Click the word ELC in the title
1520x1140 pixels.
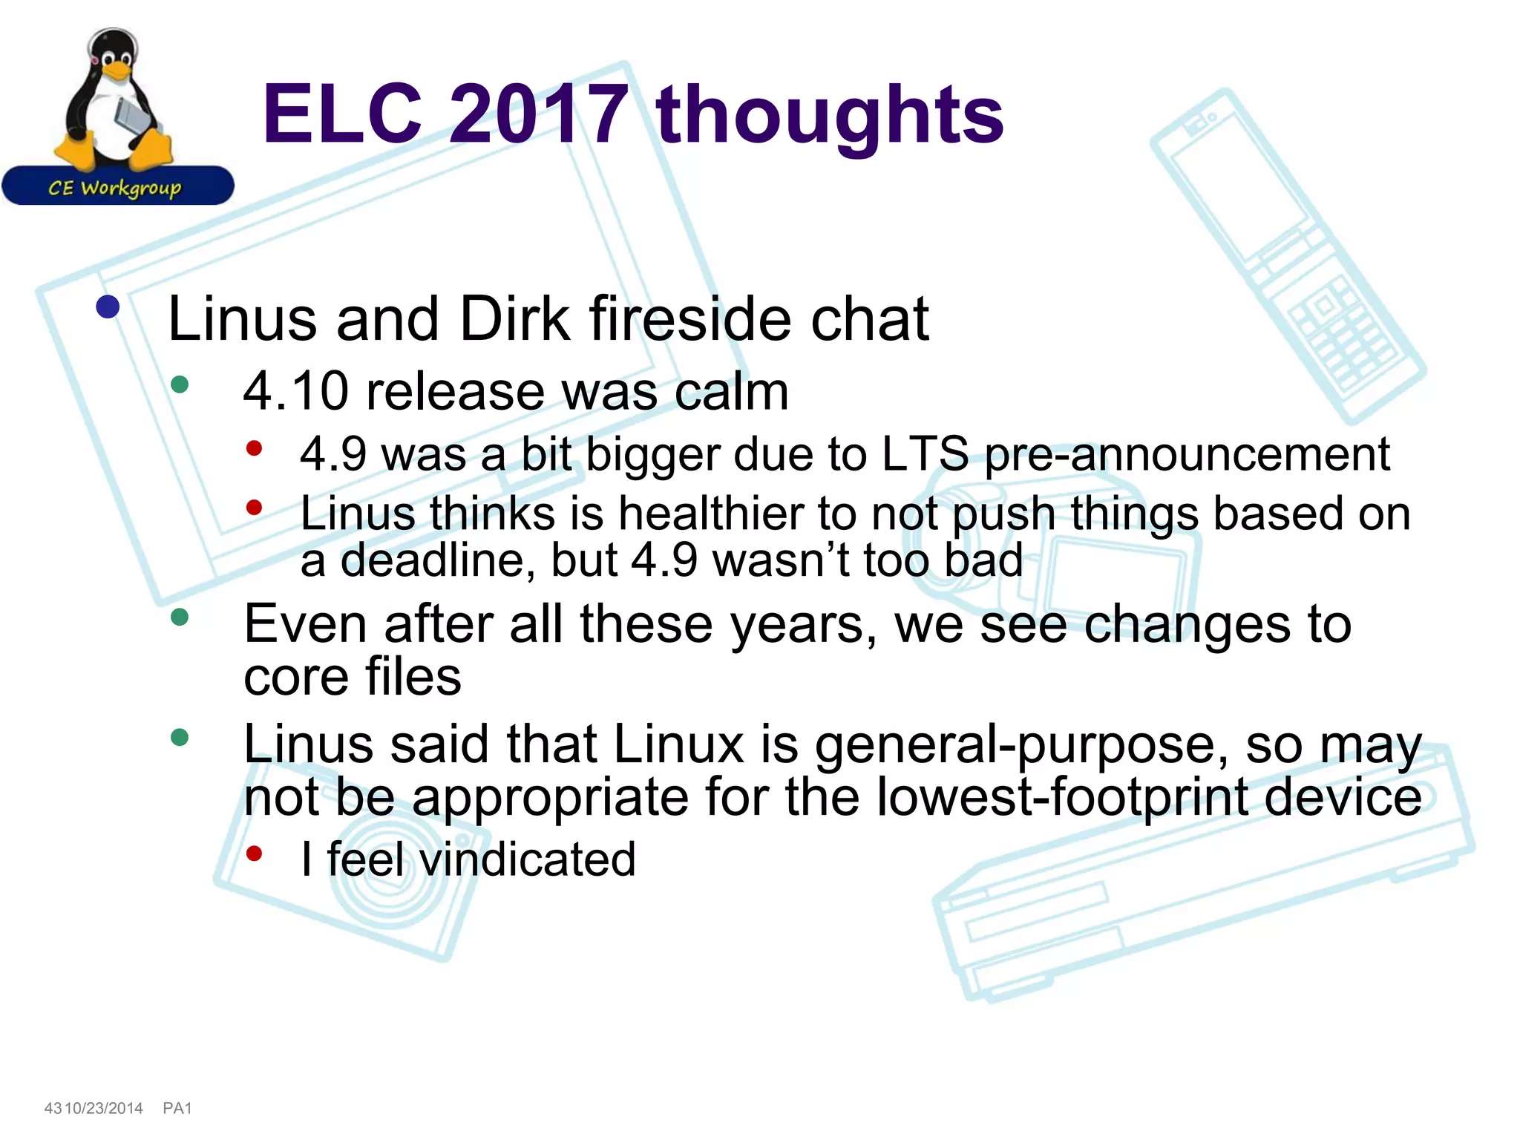pos(342,114)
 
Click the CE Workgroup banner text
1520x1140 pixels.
pos(115,188)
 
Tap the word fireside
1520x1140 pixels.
pos(691,319)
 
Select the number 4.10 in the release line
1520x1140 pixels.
pos(295,391)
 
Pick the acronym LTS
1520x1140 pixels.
pos(924,453)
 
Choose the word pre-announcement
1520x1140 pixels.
pos(1187,455)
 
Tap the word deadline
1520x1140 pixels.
pos(438,560)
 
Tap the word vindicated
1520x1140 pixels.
pos(527,859)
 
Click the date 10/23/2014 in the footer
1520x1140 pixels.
pos(104,1108)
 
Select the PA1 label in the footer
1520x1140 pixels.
pos(177,1108)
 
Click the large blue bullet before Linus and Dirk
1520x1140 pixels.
pos(108,307)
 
